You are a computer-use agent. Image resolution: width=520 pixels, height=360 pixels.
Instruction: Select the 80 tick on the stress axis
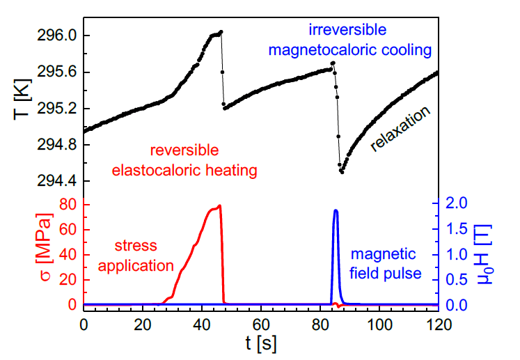pos(67,204)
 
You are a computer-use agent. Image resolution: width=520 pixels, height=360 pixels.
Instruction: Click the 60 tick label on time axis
pos(261,324)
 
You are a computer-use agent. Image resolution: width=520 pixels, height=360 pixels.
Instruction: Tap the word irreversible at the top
pos(347,30)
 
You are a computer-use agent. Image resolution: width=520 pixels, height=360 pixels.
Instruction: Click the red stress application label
pos(142,255)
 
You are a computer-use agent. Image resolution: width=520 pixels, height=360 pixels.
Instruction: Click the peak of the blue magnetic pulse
pos(336,210)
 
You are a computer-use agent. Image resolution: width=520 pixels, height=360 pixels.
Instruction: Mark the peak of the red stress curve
pos(220,205)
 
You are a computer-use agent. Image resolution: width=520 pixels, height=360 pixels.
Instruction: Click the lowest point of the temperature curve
pos(342,171)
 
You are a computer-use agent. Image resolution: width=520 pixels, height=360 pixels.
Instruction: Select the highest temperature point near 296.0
pos(221,32)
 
